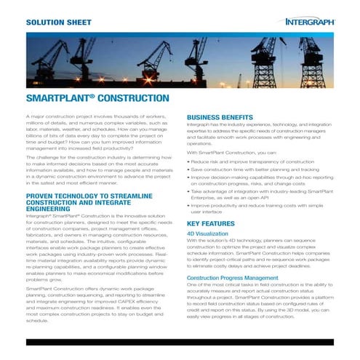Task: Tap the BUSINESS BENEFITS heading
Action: point(220,117)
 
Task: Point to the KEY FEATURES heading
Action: point(212,223)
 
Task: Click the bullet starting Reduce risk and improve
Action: point(243,161)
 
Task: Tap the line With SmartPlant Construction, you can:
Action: point(231,152)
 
